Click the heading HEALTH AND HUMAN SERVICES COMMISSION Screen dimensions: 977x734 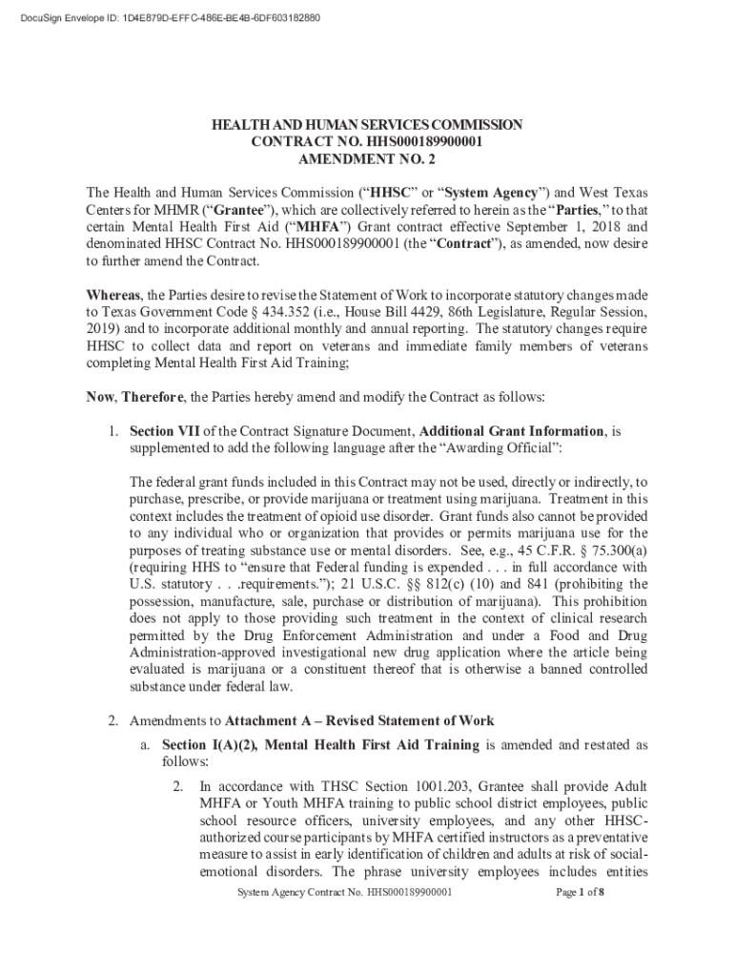click(367, 124)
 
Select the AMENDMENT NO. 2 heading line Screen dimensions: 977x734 click(367, 159)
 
